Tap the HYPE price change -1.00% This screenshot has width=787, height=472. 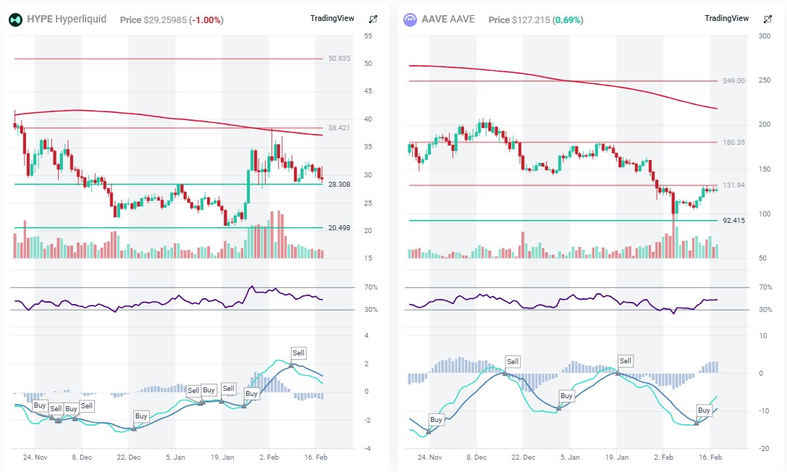(206, 20)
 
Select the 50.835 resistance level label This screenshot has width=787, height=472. (339, 59)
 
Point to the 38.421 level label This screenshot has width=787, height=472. (339, 127)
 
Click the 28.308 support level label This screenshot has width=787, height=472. (339, 185)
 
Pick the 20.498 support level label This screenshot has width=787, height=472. (339, 228)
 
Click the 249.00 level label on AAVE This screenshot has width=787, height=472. (733, 81)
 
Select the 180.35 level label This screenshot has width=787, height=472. (733, 143)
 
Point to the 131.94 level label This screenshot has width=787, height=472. (733, 185)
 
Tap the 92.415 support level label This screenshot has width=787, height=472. (733, 220)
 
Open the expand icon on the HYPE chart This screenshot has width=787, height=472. (373, 20)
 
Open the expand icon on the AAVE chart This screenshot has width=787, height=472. (767, 20)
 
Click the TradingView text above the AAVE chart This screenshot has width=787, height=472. (727, 19)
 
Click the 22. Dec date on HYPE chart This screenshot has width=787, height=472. (128, 458)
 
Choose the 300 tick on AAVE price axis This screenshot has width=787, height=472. (762, 36)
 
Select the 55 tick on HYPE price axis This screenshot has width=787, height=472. (369, 36)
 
